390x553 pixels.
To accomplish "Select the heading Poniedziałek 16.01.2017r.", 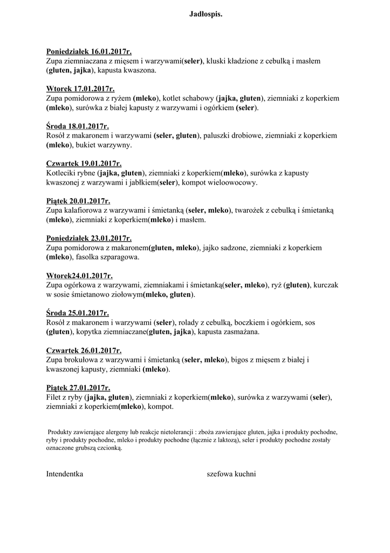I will (89, 52).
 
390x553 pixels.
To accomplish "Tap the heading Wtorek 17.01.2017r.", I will (80, 89).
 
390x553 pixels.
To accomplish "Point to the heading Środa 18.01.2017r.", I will (78, 126).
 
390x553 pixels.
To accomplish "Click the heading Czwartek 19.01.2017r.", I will (84, 164).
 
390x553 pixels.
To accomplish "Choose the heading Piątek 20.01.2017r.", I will (78, 201).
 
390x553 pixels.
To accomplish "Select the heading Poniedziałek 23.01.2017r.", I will (89, 238).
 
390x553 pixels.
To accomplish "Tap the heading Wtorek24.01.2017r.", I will (79, 275).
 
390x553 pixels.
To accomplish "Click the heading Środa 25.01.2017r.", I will (78, 313).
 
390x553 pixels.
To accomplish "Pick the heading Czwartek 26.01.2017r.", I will (84, 350).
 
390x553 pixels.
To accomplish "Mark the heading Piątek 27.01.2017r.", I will (78, 388).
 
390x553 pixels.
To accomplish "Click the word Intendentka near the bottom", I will (65, 474).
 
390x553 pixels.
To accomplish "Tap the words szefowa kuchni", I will (231, 474).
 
